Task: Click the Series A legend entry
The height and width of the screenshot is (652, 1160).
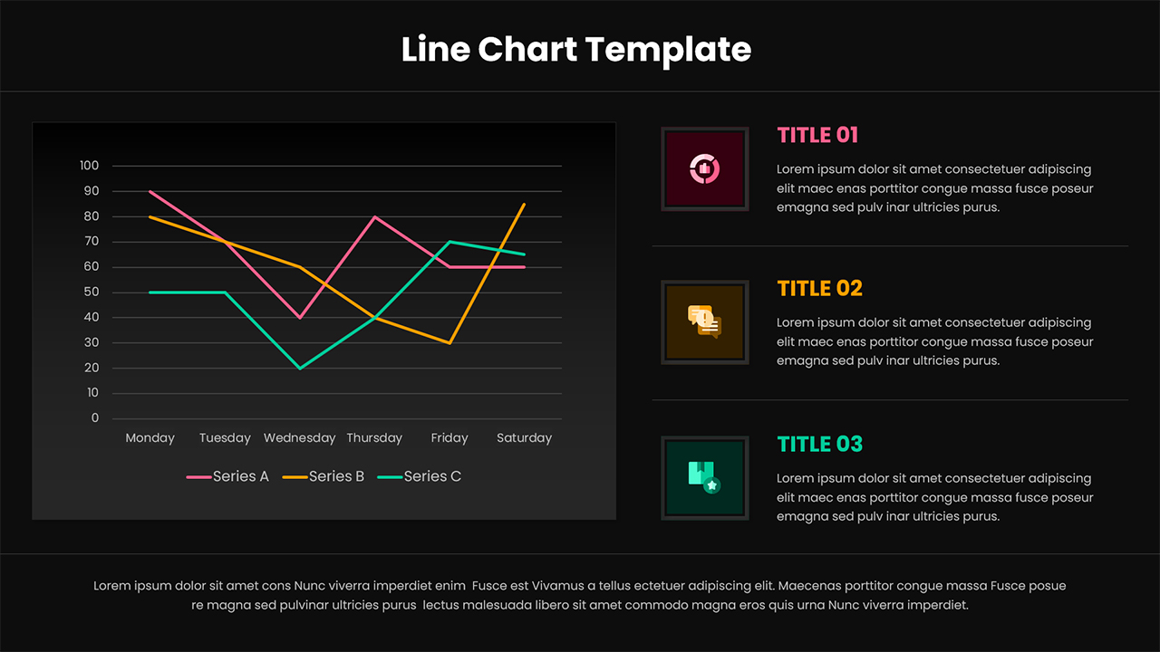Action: [227, 476]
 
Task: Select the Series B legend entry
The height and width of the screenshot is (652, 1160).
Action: [324, 476]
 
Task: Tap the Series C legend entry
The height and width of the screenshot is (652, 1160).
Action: [420, 476]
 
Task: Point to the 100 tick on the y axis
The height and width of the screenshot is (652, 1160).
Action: [89, 166]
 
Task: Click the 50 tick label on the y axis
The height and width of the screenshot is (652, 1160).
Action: [92, 292]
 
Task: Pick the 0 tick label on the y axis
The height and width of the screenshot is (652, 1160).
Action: [95, 418]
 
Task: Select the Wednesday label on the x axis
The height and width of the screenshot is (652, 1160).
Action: [300, 438]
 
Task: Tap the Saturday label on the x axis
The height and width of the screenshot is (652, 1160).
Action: [524, 438]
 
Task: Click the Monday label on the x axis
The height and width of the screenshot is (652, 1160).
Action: [150, 438]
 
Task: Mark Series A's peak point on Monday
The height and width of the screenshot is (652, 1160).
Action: [150, 191]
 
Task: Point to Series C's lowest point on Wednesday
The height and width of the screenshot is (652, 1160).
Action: [300, 369]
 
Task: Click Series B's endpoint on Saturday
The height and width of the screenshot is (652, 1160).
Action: [525, 205]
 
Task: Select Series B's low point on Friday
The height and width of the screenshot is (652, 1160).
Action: [449, 343]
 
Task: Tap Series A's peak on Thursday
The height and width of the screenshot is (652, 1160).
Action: [375, 216]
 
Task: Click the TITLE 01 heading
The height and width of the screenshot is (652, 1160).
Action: [817, 136]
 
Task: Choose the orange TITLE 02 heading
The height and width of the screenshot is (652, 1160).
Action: [820, 289]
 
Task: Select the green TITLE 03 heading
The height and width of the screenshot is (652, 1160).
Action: [820, 445]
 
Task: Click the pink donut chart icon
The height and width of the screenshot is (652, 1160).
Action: [704, 168]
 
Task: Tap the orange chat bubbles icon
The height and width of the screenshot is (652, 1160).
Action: [704, 321]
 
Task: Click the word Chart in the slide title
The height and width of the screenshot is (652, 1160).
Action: [527, 49]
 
